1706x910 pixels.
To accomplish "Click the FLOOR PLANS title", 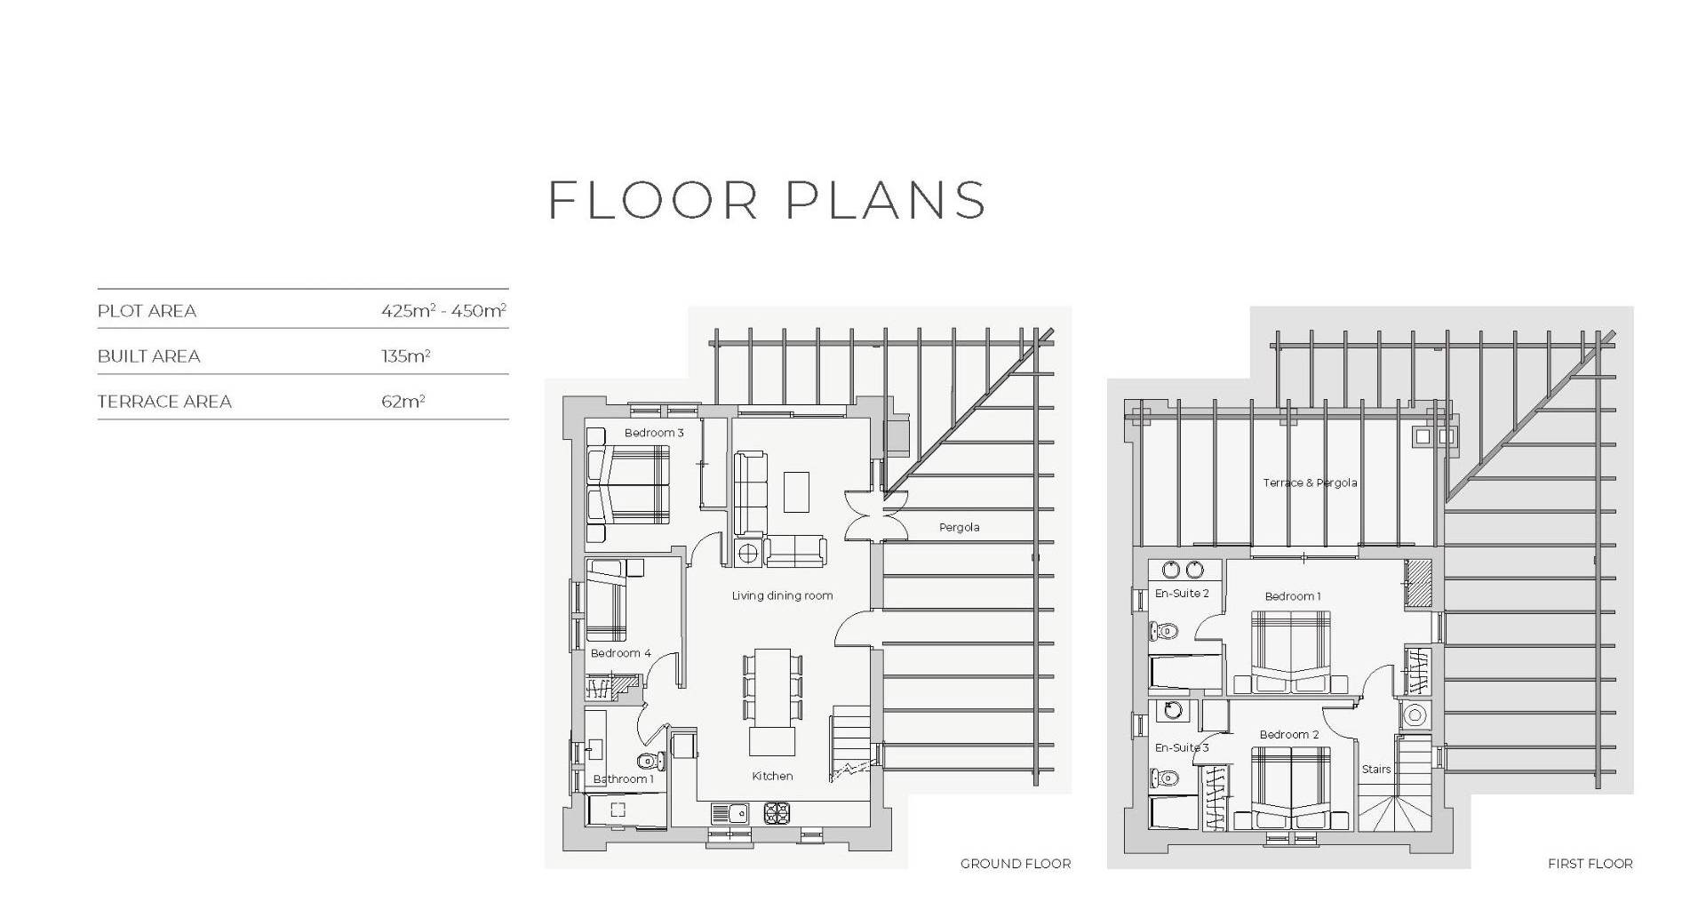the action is click(767, 200).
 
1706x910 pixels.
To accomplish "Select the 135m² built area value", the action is click(406, 355).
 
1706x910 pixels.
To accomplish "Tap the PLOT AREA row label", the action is click(147, 311).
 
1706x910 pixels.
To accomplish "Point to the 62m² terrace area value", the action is click(403, 401).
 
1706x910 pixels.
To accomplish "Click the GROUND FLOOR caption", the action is click(1016, 864).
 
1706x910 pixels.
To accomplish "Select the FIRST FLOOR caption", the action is click(1590, 864).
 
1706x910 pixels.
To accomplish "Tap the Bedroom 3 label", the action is click(654, 433).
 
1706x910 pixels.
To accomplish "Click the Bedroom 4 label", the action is click(621, 653).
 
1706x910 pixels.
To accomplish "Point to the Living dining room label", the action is click(783, 595).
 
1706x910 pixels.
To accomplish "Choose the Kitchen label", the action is click(772, 776).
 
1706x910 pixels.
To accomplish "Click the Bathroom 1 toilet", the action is click(651, 762).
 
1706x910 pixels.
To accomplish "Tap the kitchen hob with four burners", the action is click(777, 813).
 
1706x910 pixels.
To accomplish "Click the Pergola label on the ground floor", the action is click(960, 527).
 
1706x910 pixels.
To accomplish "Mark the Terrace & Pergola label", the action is click(1311, 483).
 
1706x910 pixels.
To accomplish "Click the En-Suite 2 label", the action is click(1182, 594).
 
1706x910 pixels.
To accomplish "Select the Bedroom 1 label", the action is click(1293, 596).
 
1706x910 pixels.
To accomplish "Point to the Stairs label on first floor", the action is click(1376, 770).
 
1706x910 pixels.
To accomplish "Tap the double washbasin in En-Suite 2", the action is click(1184, 571).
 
